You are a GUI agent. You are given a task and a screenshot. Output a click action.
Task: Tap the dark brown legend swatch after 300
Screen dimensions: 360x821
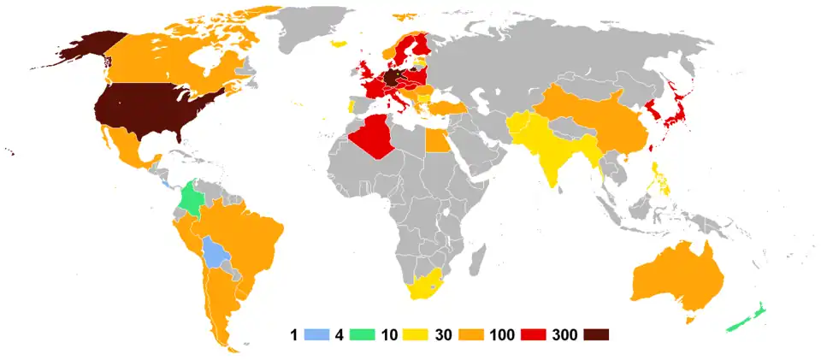596,334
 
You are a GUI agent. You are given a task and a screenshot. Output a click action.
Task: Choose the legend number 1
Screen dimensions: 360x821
293,334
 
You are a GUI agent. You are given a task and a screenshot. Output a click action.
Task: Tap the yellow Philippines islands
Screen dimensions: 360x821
660,180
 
